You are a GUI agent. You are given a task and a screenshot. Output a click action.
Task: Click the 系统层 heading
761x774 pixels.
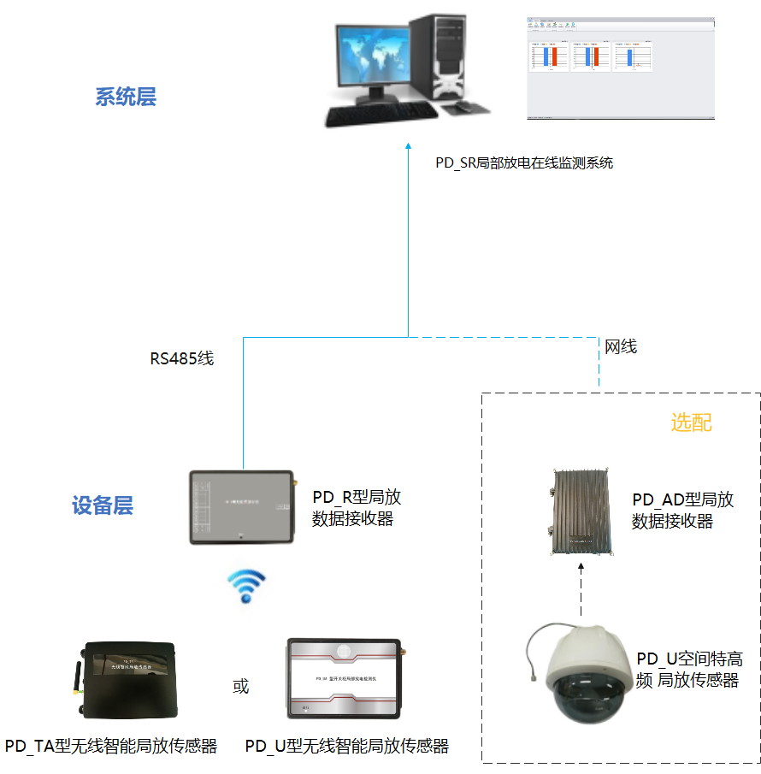click(126, 97)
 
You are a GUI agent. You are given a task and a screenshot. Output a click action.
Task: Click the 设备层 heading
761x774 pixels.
click(103, 505)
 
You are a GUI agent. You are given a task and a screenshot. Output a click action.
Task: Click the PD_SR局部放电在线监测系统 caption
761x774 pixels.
click(524, 162)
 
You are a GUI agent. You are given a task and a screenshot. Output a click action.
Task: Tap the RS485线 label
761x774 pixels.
click(182, 358)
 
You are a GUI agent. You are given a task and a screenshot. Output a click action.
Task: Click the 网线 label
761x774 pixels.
click(621, 346)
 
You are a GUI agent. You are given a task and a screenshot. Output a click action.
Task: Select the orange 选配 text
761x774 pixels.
click(691, 422)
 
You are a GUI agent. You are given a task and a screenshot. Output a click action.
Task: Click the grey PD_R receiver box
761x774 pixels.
click(240, 505)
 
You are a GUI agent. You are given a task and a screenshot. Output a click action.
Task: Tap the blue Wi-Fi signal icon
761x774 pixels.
click(245, 587)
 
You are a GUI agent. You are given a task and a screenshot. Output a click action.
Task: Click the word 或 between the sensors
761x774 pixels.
click(241, 686)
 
